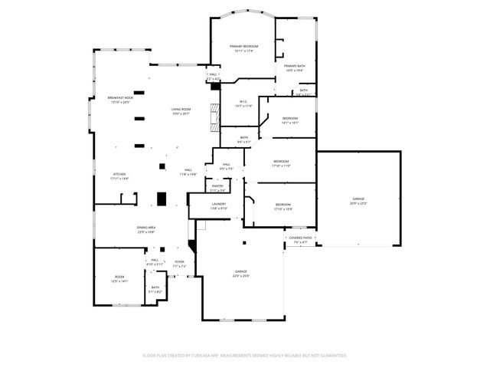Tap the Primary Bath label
[x=295, y=68]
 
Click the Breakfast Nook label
[x=121, y=100]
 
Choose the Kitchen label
[x=119, y=176]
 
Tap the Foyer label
[x=179, y=264]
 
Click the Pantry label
[x=217, y=187]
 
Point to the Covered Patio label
[x=299, y=240]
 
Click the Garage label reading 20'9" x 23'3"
[x=358, y=202]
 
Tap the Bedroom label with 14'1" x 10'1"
[x=290, y=120]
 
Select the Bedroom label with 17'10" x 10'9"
[x=283, y=207]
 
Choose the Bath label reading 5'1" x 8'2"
[x=155, y=290]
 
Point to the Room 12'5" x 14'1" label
[x=119, y=279]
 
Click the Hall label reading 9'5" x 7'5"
[x=227, y=166]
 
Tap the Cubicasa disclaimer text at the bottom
[x=245, y=356]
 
